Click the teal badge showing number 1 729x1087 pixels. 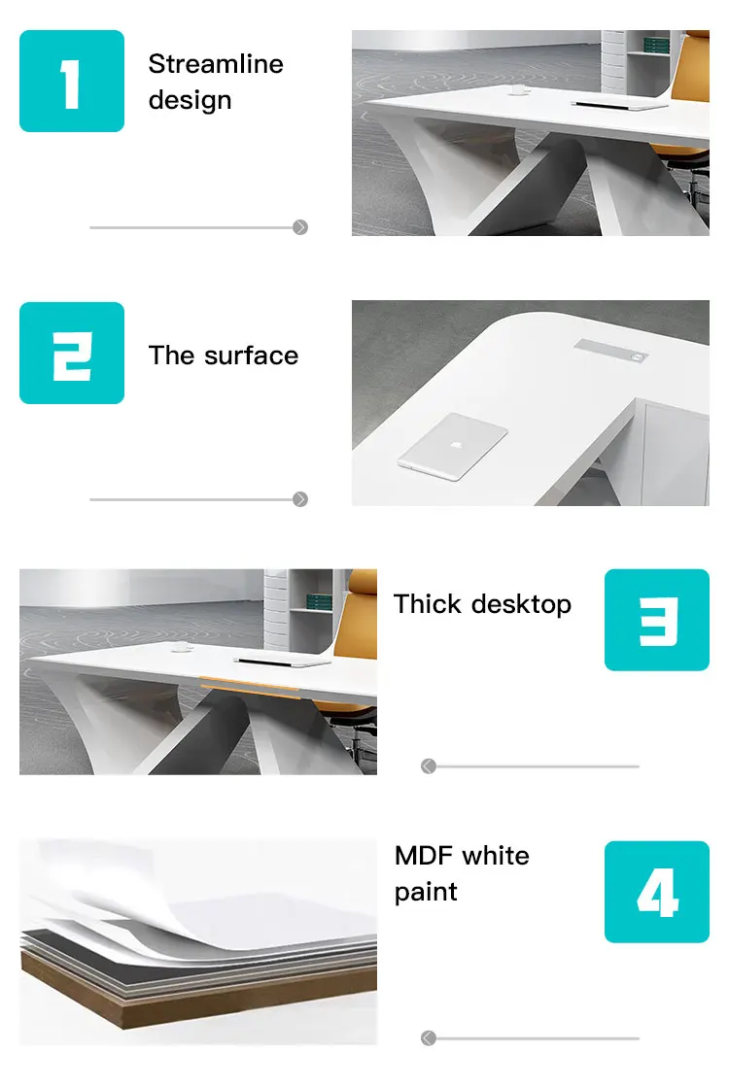click(72, 81)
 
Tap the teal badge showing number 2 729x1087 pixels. click(72, 353)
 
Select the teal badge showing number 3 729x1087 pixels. click(657, 620)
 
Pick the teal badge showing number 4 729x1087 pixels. click(657, 892)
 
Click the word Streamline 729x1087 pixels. click(216, 64)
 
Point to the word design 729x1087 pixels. click(190, 100)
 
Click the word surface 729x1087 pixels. click(251, 356)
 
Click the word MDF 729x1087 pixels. click(424, 856)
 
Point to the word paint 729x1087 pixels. click(426, 892)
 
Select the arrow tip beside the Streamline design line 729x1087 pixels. click(300, 227)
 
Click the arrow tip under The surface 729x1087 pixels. click(300, 499)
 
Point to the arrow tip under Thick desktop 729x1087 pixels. click(429, 766)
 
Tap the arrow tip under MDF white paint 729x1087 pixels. click(429, 1038)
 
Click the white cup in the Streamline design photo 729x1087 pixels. click(517, 90)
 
